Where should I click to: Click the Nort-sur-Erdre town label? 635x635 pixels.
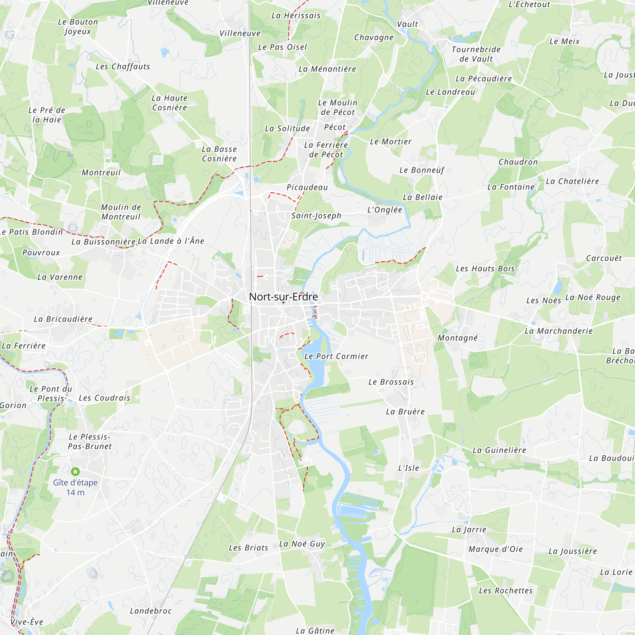pos(283,297)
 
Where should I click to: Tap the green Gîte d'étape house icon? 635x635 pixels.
pos(75,472)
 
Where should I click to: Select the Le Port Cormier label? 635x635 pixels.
pos(336,356)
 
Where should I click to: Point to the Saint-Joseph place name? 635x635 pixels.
pos(316,216)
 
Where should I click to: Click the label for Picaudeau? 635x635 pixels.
pos(307,187)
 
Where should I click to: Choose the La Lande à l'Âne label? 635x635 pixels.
pos(171,241)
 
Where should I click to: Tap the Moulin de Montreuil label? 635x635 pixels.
pos(121,212)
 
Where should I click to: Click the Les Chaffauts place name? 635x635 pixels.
pos(123,66)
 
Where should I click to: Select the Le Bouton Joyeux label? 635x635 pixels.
pos(78,27)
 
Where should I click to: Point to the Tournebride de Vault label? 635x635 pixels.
pos(476,54)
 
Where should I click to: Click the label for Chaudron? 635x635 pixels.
pos(518,162)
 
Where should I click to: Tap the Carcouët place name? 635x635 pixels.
pos(604,258)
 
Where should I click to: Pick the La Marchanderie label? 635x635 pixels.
pos(558,331)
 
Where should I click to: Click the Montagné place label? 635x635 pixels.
pos(458,338)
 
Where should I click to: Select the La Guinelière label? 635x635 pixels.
pos(499,450)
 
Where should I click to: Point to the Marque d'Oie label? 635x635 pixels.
pos(495,549)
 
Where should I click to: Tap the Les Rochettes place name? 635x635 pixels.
pos(505,591)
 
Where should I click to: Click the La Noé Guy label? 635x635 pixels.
pos(302,544)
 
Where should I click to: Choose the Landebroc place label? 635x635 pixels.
pos(151,611)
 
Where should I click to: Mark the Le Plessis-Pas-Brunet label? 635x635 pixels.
pos(90,441)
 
